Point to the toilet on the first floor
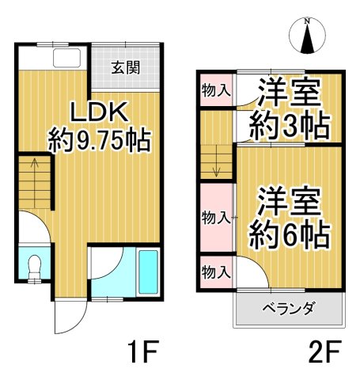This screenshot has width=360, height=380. [x=33, y=268]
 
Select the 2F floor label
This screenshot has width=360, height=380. [x=324, y=349]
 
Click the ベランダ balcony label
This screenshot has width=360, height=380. [x=289, y=309]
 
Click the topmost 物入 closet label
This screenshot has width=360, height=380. [x=215, y=90]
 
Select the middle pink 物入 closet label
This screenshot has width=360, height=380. [x=215, y=217]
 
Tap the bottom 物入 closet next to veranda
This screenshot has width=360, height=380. [x=215, y=272]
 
